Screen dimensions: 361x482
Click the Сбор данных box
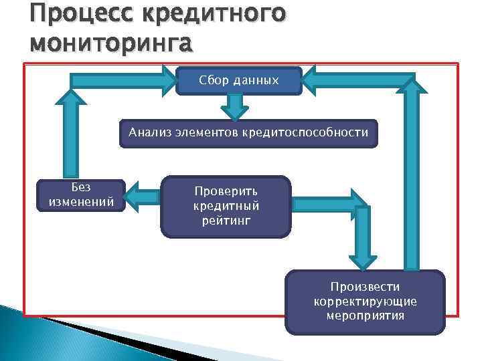(238, 80)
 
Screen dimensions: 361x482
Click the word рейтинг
(226, 220)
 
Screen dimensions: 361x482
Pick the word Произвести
(365, 287)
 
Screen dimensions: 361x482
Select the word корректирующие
(365, 301)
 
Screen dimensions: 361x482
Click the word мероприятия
(365, 316)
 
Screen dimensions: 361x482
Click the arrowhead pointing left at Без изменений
(136, 195)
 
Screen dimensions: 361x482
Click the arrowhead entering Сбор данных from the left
(167, 80)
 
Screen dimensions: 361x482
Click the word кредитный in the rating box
(226, 205)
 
